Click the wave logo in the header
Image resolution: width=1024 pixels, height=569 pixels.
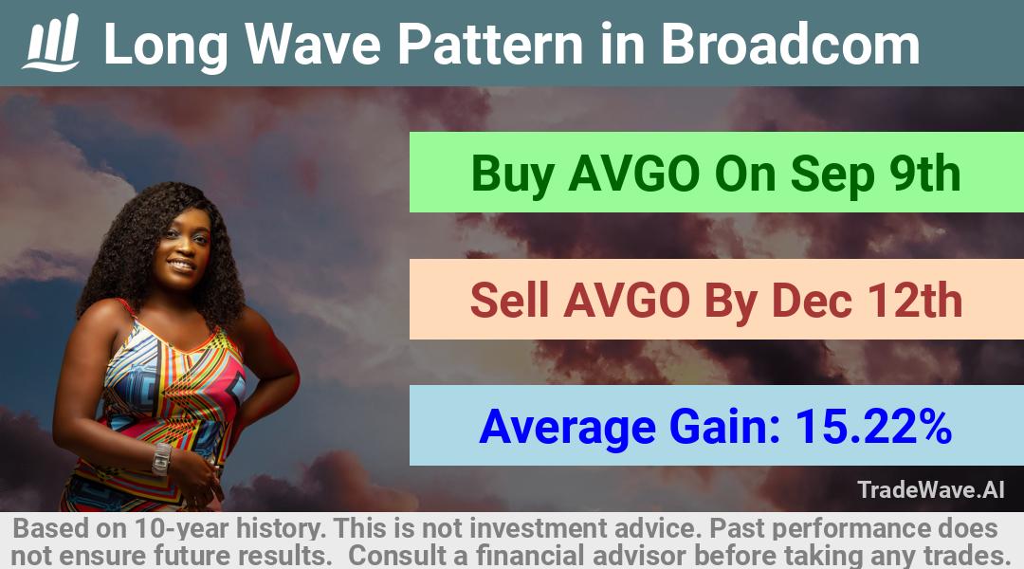coord(51,43)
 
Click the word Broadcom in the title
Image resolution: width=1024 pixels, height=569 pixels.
coord(790,44)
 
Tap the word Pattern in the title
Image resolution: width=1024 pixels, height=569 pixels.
coord(490,44)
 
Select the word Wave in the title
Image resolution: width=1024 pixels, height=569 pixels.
coord(313,44)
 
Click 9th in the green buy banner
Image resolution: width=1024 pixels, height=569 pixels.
coord(924,174)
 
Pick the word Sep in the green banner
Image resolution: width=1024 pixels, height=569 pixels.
coord(831,176)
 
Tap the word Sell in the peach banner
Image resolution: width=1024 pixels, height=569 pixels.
coord(509,301)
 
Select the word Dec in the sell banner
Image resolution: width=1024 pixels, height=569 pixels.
coord(811,301)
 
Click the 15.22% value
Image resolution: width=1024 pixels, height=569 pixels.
coord(872,427)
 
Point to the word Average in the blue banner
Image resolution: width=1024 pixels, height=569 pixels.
coord(567,428)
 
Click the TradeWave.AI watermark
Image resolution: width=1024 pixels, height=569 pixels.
coord(931,489)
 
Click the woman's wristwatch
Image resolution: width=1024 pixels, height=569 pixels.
coord(160,459)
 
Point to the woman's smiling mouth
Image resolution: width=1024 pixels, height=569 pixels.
coord(182,265)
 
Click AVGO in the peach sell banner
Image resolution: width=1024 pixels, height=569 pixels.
coord(627,301)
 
